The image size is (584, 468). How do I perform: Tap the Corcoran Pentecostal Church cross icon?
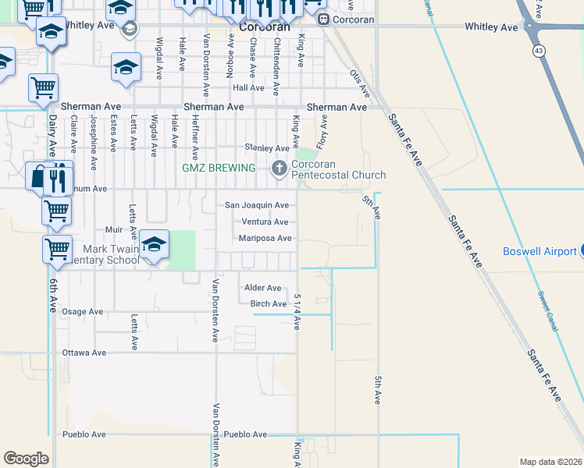click(280, 168)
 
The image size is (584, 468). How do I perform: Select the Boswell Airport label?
click(538, 252)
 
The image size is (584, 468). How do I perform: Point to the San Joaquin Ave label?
click(257, 205)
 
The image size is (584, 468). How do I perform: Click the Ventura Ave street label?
click(265, 222)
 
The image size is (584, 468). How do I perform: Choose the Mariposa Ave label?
click(265, 238)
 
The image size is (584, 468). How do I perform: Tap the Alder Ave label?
click(262, 288)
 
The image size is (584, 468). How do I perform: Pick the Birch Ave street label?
click(269, 303)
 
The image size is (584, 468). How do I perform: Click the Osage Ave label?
click(83, 311)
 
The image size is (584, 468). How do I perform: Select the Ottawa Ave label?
click(84, 353)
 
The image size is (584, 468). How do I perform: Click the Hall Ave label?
click(248, 87)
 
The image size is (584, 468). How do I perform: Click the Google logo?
click(26, 459)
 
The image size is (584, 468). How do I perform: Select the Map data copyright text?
click(550, 462)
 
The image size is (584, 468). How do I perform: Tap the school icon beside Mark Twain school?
click(155, 243)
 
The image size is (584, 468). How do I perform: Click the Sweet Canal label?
click(547, 311)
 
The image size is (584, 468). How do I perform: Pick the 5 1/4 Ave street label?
click(297, 311)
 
